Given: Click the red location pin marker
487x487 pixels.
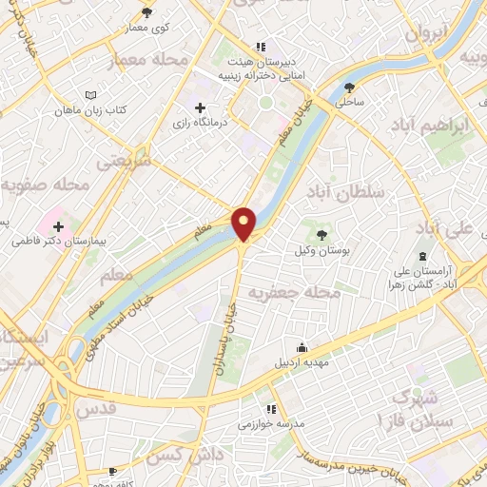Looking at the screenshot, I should [244, 224].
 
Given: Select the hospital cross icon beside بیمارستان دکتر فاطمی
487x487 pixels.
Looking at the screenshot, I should [59, 227].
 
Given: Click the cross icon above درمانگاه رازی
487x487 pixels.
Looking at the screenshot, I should [199, 107].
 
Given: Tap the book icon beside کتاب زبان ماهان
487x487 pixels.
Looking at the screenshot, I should [90, 97].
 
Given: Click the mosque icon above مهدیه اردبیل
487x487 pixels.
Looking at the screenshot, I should [302, 347].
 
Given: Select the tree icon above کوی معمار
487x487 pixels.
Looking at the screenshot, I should [146, 12].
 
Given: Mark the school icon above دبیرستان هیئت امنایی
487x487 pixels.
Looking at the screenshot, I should [260, 47].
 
